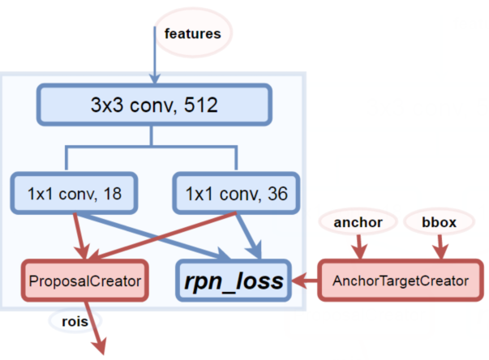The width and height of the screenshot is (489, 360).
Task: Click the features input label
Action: [193, 33]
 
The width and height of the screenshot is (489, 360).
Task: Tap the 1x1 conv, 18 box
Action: [75, 194]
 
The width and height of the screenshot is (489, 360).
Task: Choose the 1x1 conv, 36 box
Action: [236, 194]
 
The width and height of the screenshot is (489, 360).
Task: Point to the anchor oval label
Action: [358, 220]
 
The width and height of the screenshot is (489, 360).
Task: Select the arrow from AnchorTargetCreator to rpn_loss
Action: [307, 281]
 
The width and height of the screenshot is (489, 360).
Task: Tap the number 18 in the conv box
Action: [113, 194]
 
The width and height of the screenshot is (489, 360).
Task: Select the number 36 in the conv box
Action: [276, 194]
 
